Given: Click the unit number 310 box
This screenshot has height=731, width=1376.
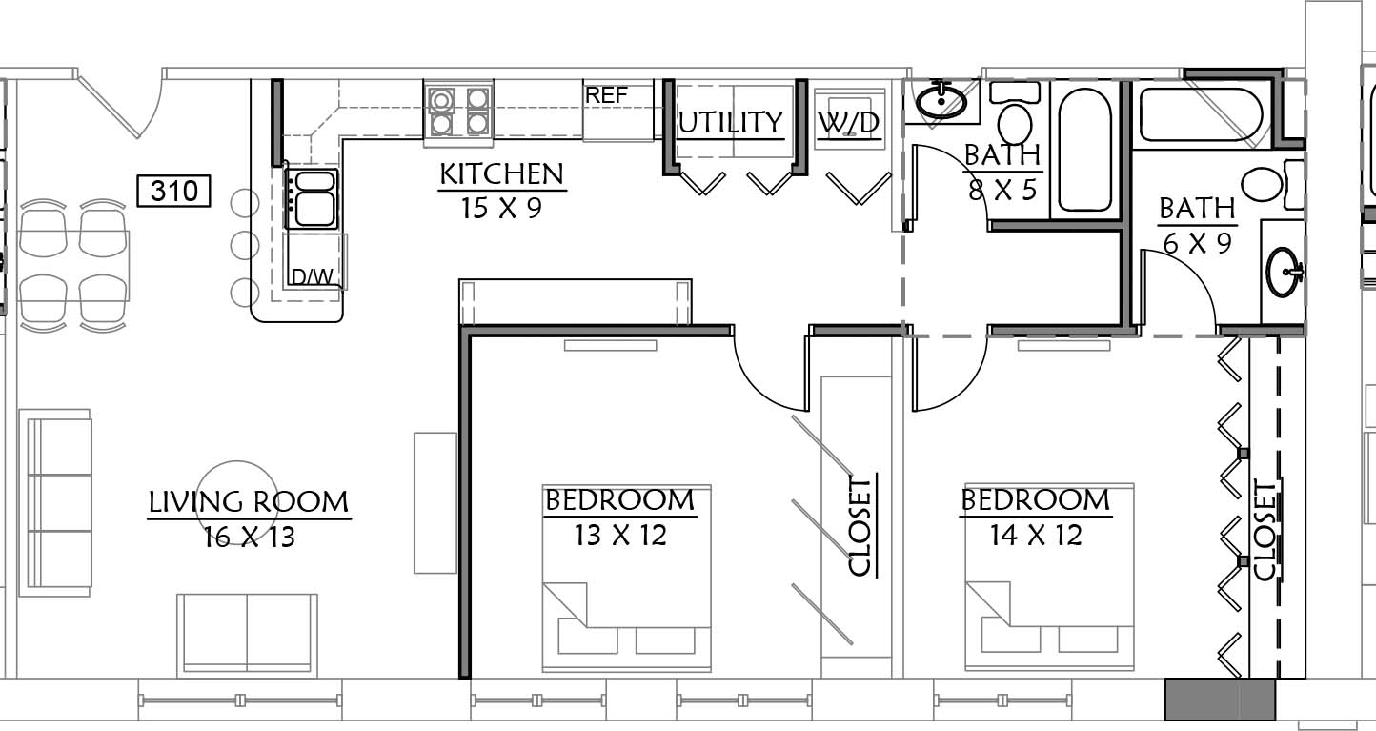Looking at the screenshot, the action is (x=173, y=191).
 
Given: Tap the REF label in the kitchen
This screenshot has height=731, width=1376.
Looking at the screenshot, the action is (x=606, y=96).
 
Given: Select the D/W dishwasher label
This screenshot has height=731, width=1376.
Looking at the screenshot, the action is (x=313, y=277).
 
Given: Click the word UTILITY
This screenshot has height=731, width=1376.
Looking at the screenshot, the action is (x=731, y=123).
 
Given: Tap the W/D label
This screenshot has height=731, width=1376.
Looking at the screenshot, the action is (x=849, y=123).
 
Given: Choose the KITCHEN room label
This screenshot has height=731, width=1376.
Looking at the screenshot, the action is (x=502, y=174).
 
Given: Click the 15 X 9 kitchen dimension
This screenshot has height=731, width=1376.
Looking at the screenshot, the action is (x=501, y=208).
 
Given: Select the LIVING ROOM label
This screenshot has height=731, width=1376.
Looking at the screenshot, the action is (x=249, y=502).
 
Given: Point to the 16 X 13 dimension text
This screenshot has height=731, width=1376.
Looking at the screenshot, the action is (x=249, y=537).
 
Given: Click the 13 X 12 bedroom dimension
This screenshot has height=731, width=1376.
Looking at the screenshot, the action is (x=620, y=535).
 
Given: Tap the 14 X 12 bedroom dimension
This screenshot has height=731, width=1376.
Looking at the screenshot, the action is (x=1036, y=535).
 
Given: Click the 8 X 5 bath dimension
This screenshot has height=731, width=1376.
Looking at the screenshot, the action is (x=1002, y=190).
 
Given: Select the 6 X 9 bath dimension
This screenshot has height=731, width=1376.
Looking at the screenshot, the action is (x=1197, y=244).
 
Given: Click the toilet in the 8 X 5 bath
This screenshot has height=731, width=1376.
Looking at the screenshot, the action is (x=1015, y=113).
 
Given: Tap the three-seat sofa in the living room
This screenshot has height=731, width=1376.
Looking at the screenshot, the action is (x=56, y=502).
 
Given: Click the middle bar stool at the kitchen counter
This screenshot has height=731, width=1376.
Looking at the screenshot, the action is (x=245, y=245).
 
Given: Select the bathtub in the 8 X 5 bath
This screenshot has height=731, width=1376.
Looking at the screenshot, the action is (x=1084, y=150).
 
